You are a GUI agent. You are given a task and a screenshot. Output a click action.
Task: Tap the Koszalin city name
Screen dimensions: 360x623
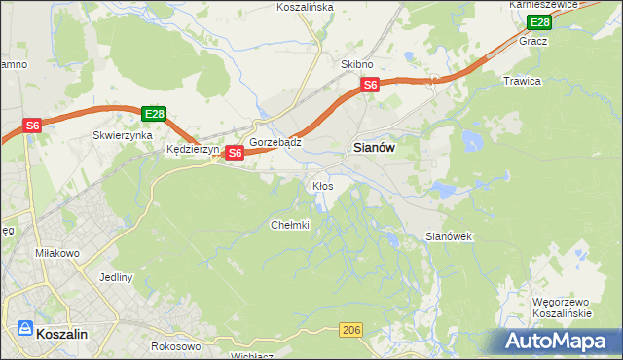tap(62, 333)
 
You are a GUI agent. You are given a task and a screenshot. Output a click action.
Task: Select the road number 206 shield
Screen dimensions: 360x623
tap(353, 332)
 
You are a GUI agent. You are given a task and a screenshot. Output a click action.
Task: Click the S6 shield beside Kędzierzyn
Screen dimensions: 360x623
tap(235, 153)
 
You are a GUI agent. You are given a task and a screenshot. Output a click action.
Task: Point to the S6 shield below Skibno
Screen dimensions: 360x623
tap(370, 86)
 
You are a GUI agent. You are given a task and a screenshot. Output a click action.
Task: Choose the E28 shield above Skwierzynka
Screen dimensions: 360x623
tap(154, 114)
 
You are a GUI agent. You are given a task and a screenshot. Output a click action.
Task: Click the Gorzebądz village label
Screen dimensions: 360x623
tap(275, 142)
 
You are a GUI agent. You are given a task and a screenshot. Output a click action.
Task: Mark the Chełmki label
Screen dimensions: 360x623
tap(289, 225)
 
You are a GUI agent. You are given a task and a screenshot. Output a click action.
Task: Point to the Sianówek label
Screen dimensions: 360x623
tap(449, 236)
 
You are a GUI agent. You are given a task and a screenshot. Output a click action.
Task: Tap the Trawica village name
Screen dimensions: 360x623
tap(522, 81)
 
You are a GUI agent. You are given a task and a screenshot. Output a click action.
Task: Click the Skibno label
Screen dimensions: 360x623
tap(357, 63)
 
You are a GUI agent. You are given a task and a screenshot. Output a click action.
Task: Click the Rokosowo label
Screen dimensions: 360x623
tap(176, 346)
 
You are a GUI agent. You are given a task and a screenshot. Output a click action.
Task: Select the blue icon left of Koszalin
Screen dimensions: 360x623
tap(23, 331)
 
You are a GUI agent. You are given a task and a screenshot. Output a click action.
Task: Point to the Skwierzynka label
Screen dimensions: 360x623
tap(123, 136)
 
